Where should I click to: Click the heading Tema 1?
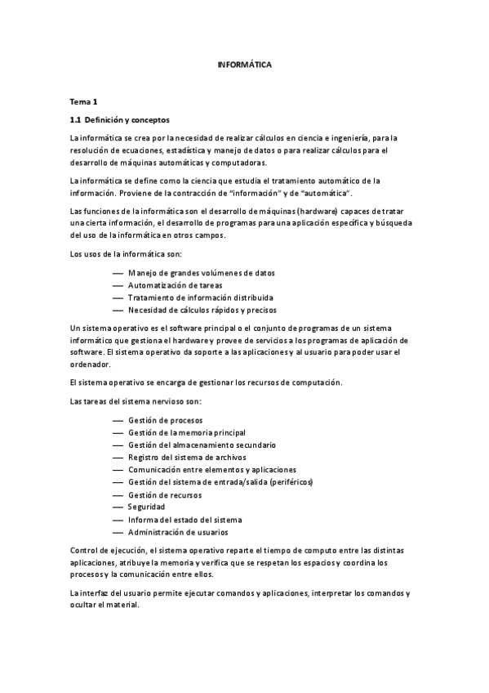(83, 102)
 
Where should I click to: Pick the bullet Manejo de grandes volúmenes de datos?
(202, 272)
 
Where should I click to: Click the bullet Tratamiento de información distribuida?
(200, 297)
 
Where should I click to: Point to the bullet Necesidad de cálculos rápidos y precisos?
(202, 310)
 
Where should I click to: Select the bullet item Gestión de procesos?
(166, 420)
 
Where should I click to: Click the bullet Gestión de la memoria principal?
(187, 432)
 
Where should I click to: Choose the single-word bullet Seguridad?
(147, 507)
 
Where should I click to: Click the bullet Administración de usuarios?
(177, 532)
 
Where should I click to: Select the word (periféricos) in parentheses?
(290, 482)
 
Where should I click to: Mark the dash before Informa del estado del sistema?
(118, 520)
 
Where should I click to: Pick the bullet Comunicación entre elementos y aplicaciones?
(212, 470)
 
